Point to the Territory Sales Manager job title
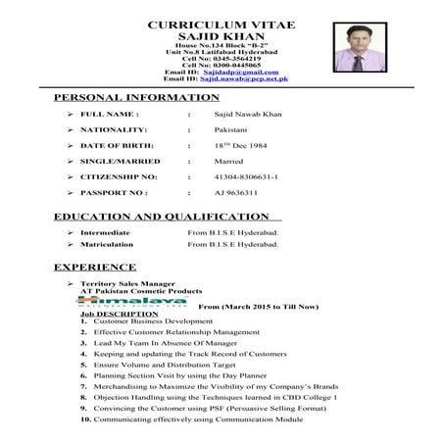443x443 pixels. click(127, 283)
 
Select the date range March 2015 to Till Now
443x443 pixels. click(258, 307)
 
